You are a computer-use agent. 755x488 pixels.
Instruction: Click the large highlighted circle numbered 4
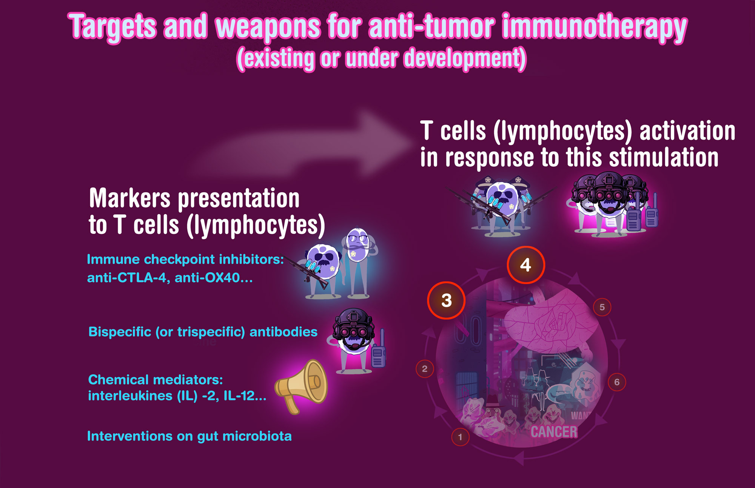tap(525, 265)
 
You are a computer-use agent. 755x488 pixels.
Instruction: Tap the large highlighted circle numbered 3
tap(446, 301)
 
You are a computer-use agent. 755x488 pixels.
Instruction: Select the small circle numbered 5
tap(602, 307)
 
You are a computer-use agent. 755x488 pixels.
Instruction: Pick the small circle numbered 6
tap(617, 382)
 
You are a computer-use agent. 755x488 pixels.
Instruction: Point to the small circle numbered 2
tap(425, 369)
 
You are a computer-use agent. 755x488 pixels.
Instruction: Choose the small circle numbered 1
tap(460, 437)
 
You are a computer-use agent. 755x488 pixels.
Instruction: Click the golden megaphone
tap(301, 386)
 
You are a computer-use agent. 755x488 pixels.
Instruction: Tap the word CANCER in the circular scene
tap(554, 432)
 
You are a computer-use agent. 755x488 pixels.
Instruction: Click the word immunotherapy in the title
tap(595, 27)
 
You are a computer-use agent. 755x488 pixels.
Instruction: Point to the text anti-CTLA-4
tap(128, 278)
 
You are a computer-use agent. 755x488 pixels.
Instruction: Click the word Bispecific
tap(120, 332)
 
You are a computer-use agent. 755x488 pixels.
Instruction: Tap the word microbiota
tap(257, 436)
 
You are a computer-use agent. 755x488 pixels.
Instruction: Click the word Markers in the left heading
tap(130, 198)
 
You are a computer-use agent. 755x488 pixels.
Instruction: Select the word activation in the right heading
tap(687, 131)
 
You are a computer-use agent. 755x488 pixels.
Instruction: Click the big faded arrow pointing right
tap(302, 145)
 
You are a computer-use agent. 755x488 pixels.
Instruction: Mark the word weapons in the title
tap(268, 27)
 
